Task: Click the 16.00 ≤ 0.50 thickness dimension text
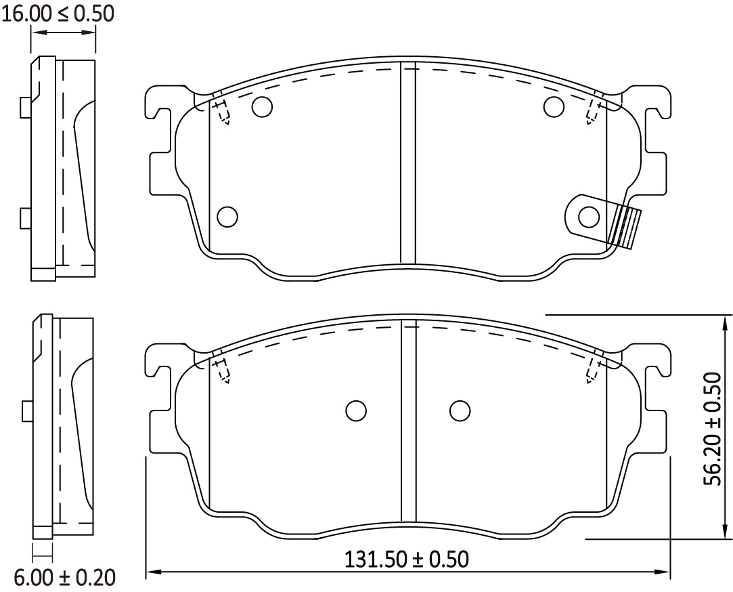point(58,14)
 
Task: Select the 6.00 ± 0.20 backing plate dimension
point(64,578)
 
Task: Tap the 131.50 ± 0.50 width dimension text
point(407,559)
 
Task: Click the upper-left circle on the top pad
point(262,107)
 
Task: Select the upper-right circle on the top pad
point(554,106)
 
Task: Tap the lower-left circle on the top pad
point(227,217)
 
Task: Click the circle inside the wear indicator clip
point(589,217)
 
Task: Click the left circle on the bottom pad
point(356,411)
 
